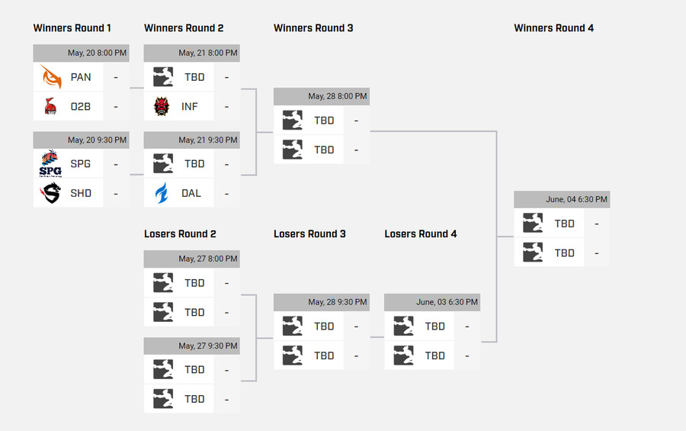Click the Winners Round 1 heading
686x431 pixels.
tap(72, 28)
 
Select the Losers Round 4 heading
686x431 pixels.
tap(420, 233)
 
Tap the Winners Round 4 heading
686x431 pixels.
tap(553, 28)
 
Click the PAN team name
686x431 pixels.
tap(81, 77)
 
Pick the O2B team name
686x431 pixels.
tap(81, 107)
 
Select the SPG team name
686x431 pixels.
tap(81, 164)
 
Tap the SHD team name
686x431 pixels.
tap(81, 193)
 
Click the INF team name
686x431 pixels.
tap(191, 107)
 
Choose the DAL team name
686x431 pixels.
tap(191, 193)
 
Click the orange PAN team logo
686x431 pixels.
tap(51, 77)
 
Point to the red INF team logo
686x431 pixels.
tap(162, 106)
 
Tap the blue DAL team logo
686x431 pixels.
tap(162, 193)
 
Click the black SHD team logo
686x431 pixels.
tap(51, 193)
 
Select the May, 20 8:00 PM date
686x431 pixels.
tap(97, 53)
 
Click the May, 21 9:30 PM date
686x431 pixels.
tap(208, 140)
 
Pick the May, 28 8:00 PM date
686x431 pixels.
tap(337, 97)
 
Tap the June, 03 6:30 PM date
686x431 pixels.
tap(447, 302)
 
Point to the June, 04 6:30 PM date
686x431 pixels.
tap(576, 200)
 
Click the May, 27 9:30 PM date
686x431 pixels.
tap(208, 346)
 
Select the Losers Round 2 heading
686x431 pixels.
tap(180, 233)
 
